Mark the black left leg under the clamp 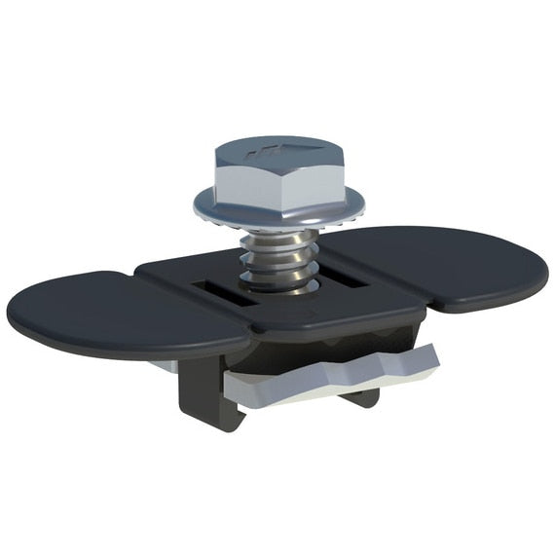200,394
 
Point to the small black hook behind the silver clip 362,394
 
